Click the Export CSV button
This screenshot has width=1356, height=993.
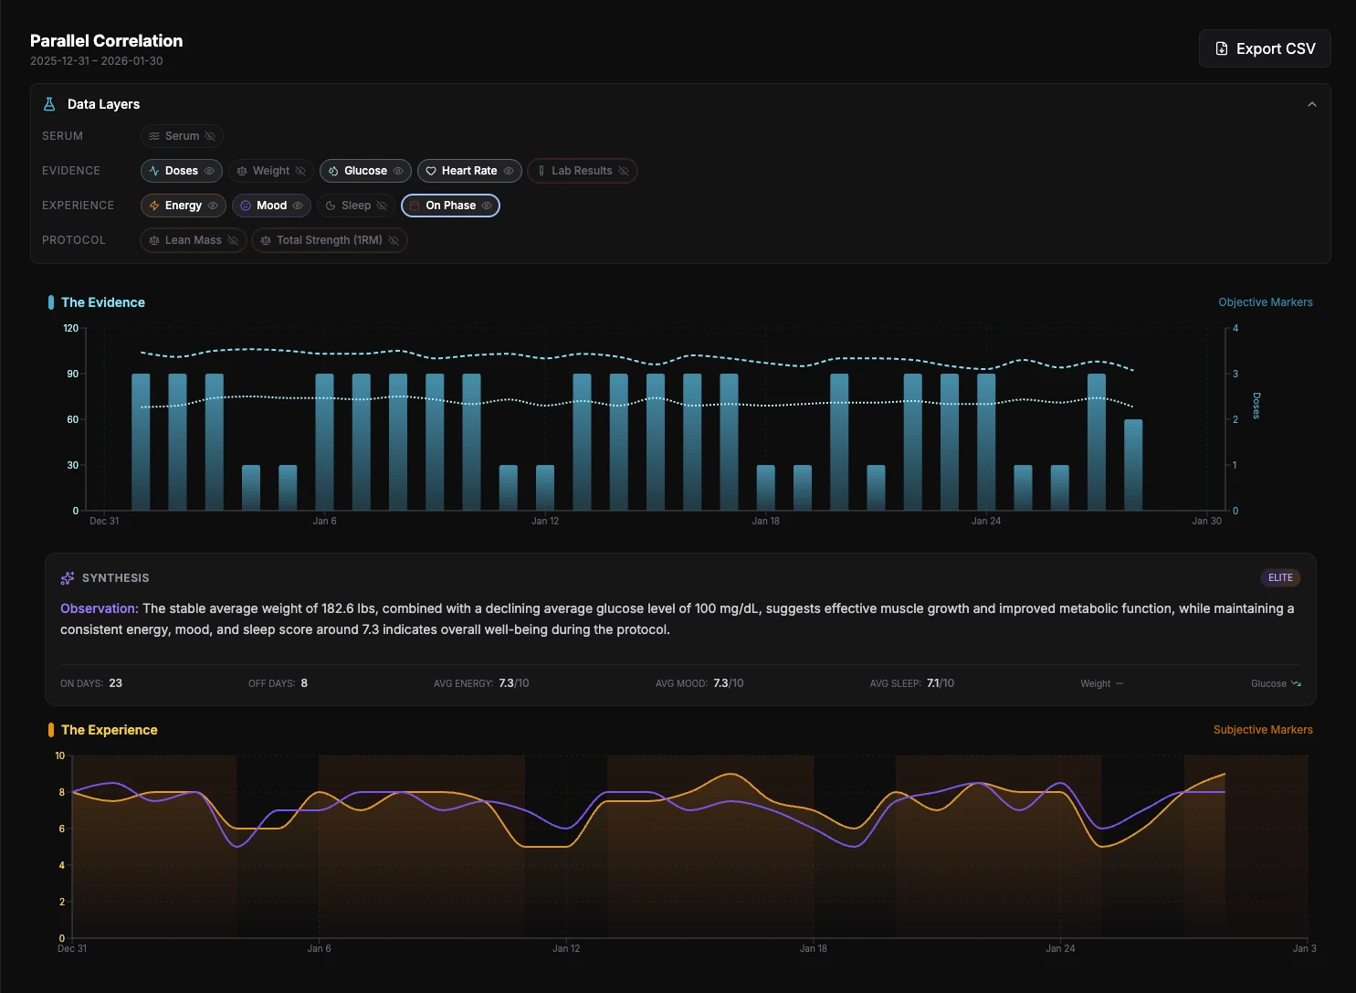point(1265,48)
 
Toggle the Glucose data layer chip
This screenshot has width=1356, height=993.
point(365,171)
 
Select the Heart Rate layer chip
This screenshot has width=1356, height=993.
point(469,171)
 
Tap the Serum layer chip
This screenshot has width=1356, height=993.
point(182,136)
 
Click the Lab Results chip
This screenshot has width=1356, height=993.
point(582,171)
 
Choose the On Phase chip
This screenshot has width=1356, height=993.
point(450,206)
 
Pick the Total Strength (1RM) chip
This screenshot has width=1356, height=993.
point(329,240)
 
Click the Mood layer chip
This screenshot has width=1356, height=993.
point(271,206)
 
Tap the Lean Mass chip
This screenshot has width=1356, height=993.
point(193,240)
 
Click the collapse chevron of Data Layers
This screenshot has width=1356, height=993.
point(1311,104)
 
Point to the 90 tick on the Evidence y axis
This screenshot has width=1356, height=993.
point(72,374)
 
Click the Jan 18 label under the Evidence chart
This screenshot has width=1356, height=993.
point(765,521)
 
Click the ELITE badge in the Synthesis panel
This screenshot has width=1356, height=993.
point(1280,577)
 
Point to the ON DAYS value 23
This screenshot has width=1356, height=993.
point(115,683)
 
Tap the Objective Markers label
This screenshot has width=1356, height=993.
point(1265,302)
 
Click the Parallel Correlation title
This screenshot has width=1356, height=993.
point(106,41)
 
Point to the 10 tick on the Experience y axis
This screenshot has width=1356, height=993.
point(60,755)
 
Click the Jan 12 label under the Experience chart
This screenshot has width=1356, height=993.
point(566,948)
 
